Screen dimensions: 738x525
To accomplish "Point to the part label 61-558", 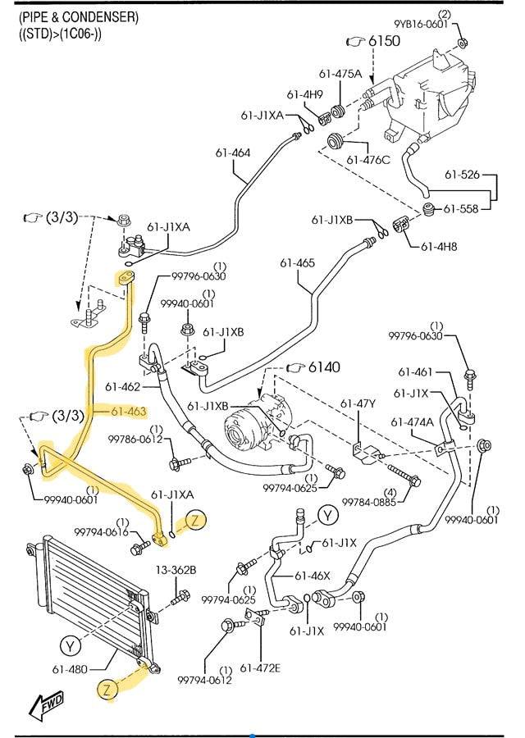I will [x=461, y=209].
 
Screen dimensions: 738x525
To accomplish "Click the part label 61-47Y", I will [x=358, y=403].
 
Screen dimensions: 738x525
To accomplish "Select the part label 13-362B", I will [x=173, y=570].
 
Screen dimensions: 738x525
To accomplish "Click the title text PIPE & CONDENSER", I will [x=79, y=16].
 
